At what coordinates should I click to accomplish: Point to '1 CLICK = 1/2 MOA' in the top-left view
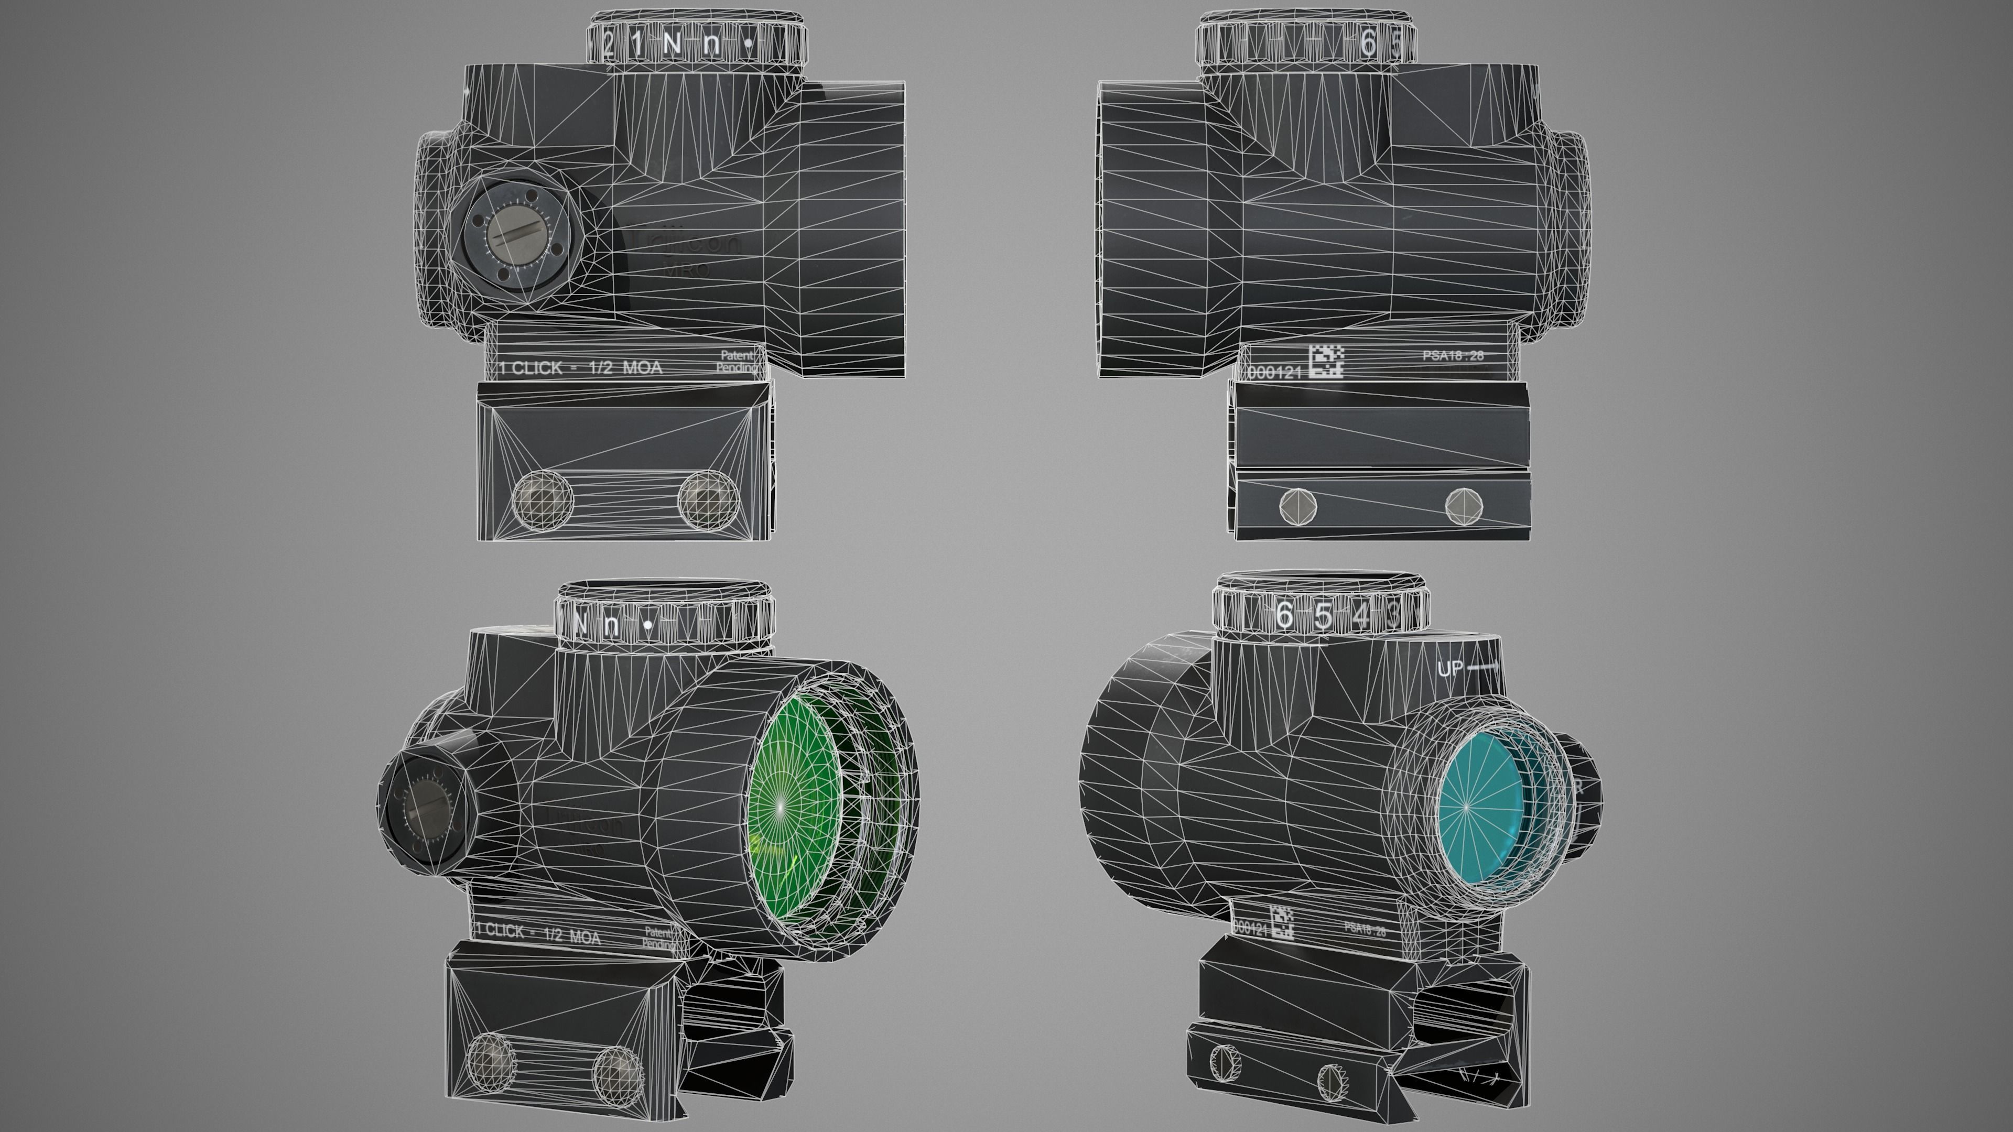coord(580,368)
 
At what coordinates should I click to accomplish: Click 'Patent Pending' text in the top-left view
coord(736,361)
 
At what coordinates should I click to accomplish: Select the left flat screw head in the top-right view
coord(1299,506)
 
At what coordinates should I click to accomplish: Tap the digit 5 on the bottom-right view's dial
coord(1322,616)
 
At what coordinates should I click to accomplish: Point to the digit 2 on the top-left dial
coord(609,43)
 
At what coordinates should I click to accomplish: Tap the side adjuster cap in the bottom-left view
coord(426,812)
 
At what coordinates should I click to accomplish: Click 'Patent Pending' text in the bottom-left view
coord(658,938)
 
